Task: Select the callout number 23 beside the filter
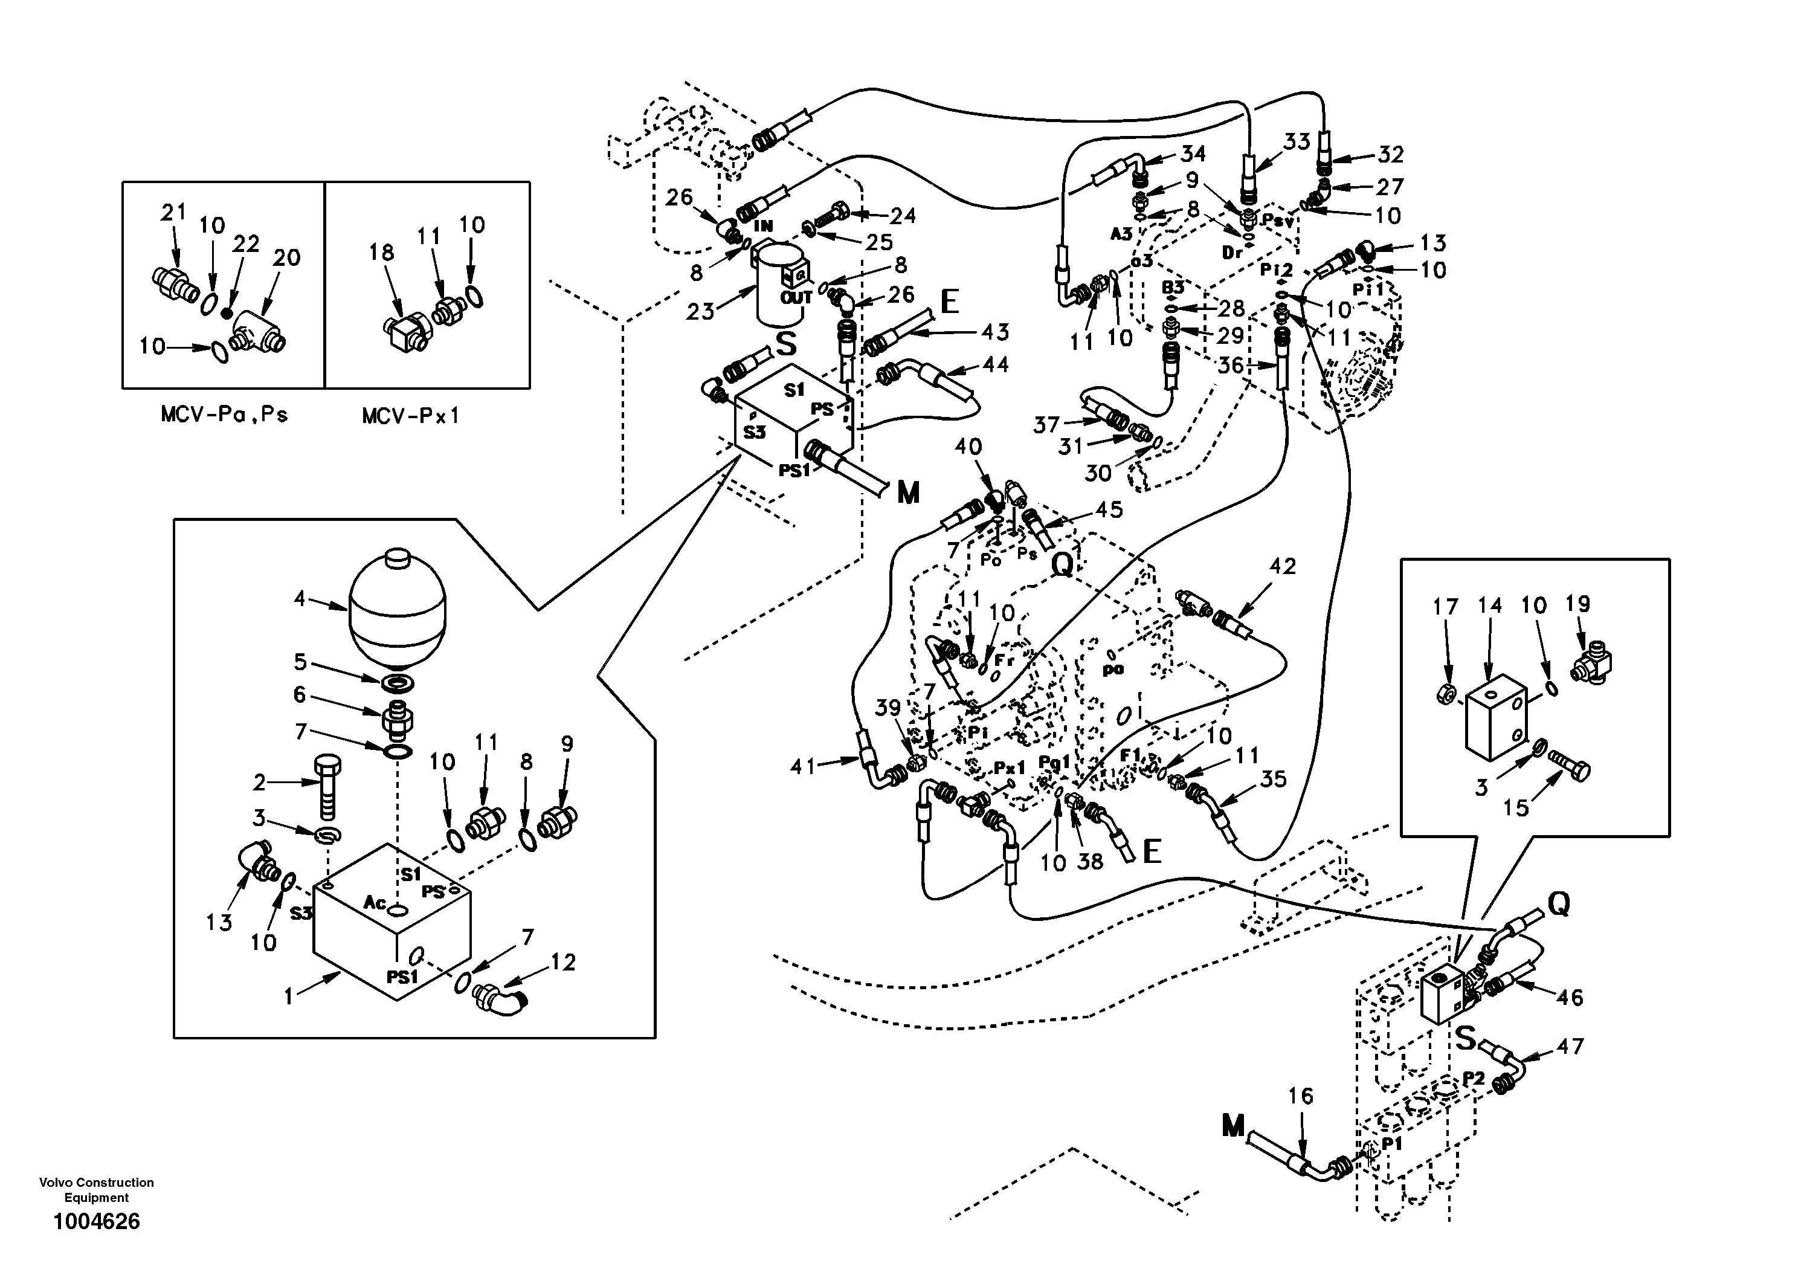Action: [x=700, y=312]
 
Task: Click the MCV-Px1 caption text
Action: [x=410, y=416]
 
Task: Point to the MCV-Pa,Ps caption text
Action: [x=224, y=415]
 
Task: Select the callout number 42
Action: [x=1282, y=566]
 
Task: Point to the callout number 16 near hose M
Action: [x=1301, y=1096]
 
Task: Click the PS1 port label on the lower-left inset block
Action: [x=402, y=976]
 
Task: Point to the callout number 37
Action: [x=1046, y=425]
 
